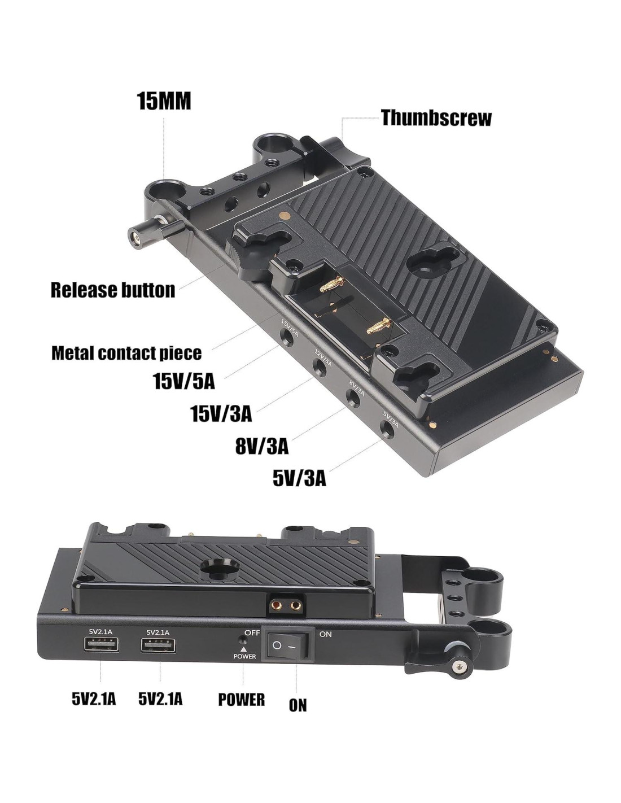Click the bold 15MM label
coord(164,101)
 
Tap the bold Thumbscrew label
coord(436,117)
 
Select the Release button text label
coord(113,290)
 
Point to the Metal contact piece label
coord(126,354)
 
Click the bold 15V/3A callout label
coord(221,413)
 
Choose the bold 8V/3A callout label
coord(261,447)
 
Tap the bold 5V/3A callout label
coord(299,479)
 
